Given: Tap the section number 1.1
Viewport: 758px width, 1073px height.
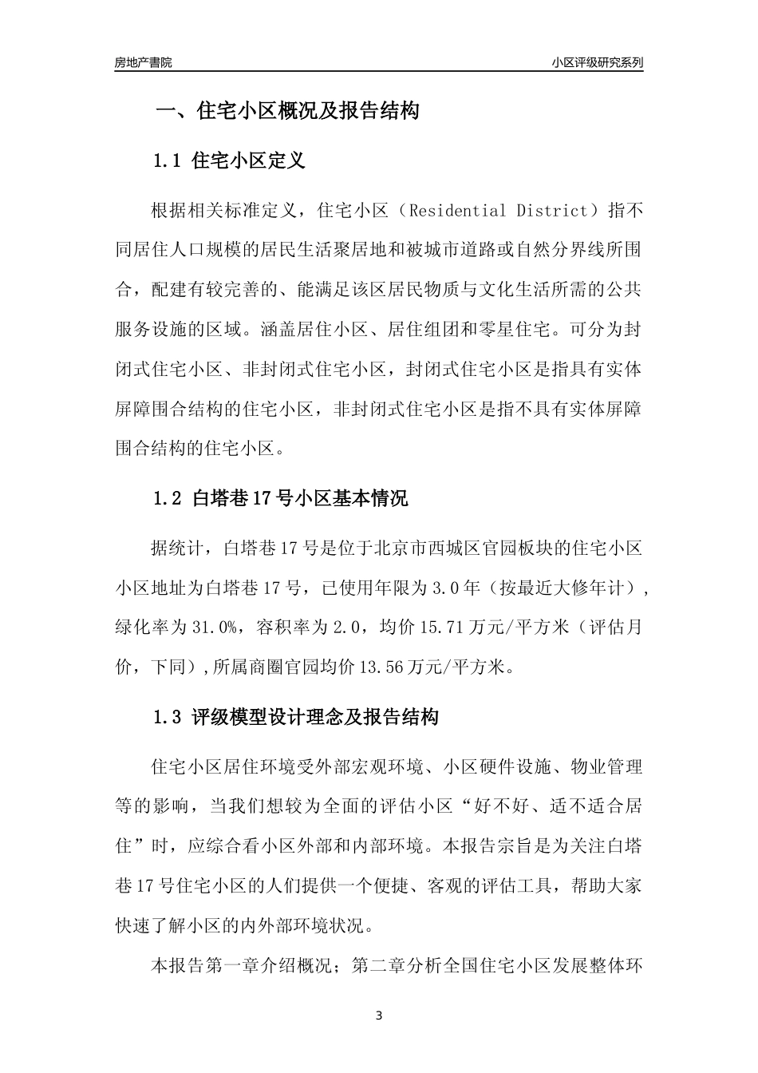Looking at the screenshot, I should click(x=168, y=160).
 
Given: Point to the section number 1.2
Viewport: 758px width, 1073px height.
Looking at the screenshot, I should click(x=168, y=500).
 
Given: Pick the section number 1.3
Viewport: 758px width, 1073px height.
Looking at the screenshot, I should click(x=168, y=717).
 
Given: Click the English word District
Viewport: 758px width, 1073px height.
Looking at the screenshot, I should click(x=551, y=212).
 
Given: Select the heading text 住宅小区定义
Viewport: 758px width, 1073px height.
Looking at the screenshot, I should click(x=249, y=160).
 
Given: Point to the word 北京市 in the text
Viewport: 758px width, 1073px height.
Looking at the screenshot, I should click(x=418, y=548).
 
